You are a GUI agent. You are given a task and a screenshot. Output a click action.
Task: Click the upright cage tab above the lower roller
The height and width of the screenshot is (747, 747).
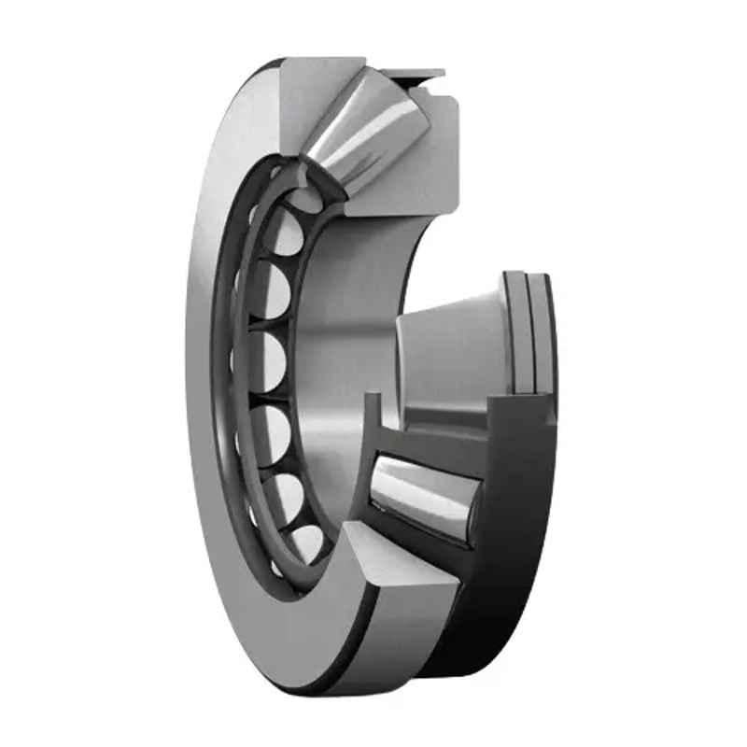click(373, 420)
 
